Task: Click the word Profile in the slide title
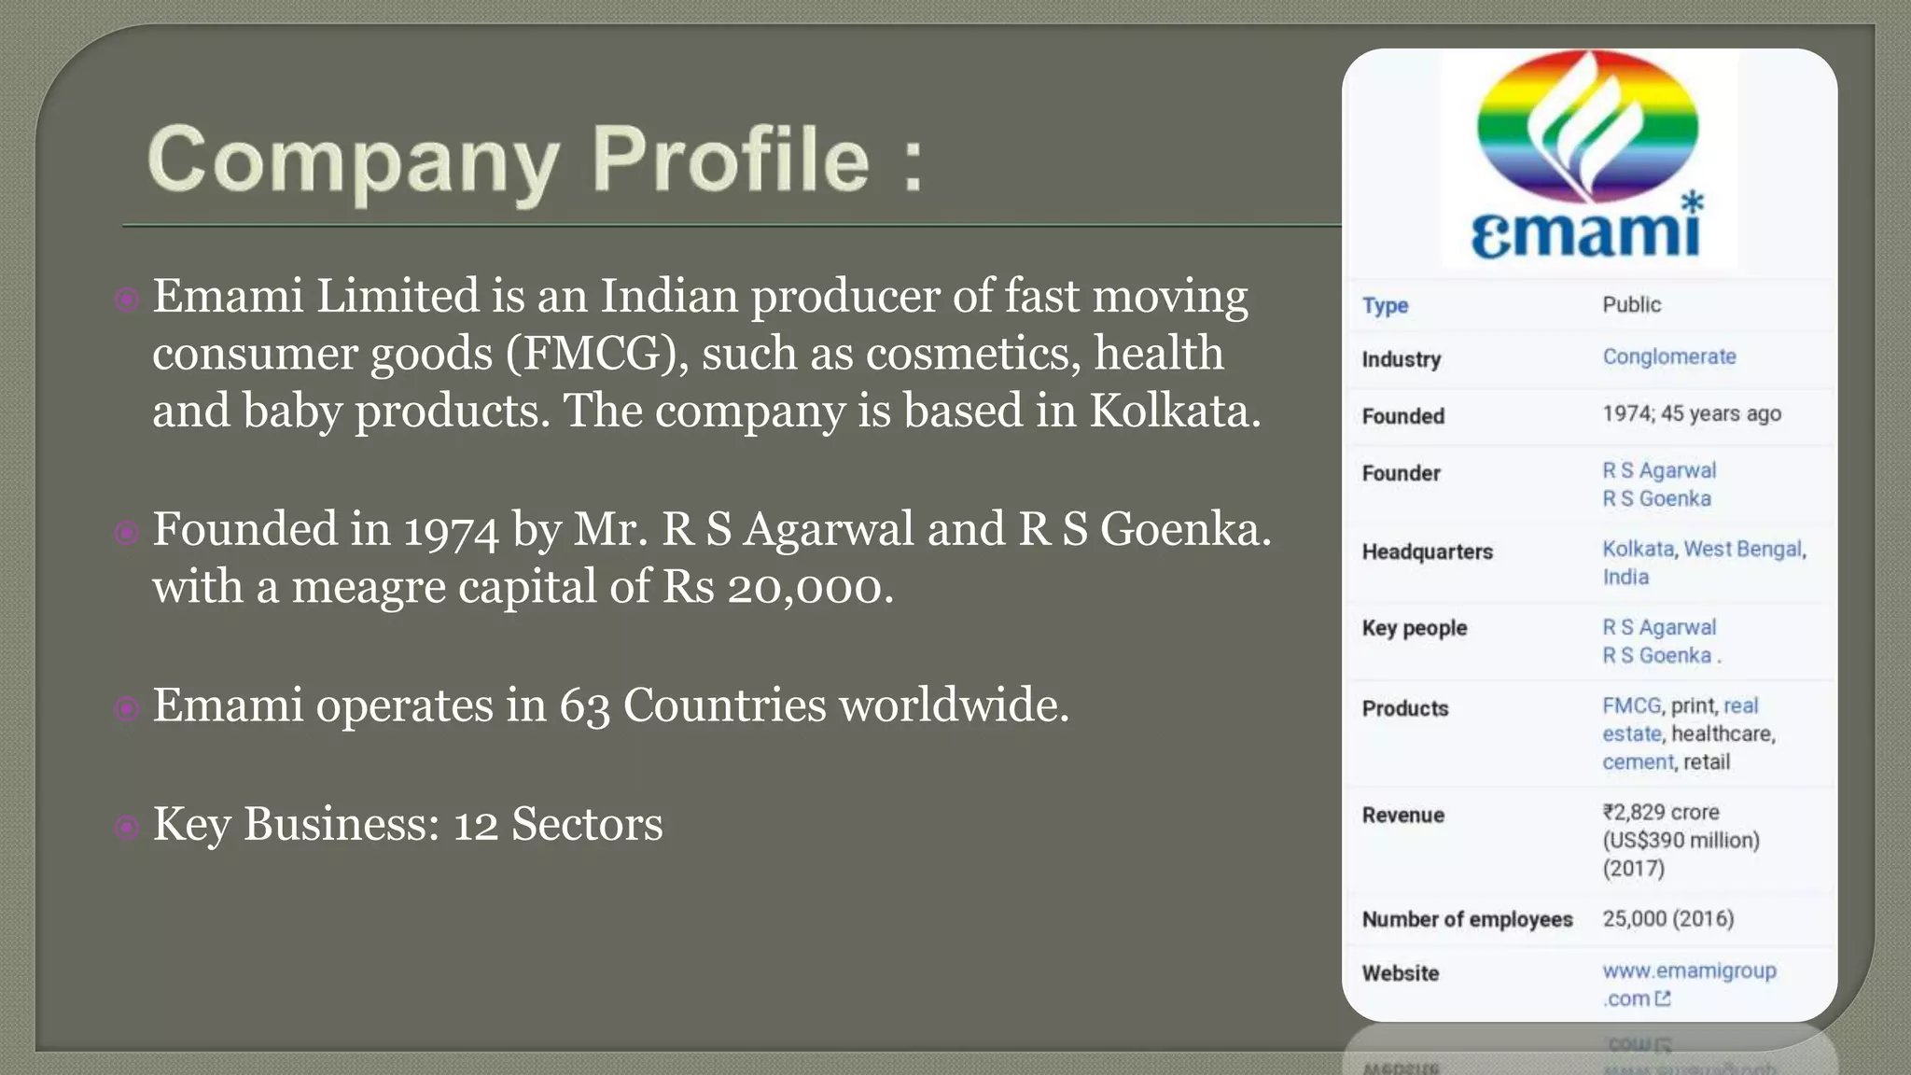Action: coord(732,159)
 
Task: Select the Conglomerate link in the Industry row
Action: coord(1669,356)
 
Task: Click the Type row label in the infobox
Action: coord(1385,305)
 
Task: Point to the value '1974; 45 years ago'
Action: coord(1691,413)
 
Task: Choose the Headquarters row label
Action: coord(1427,551)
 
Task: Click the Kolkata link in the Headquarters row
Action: coord(1638,549)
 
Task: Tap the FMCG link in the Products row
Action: coord(1632,705)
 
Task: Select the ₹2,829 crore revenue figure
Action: coord(1661,812)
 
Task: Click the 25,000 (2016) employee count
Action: coord(1667,918)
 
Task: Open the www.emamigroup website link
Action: coord(1689,970)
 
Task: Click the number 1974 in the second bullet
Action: coord(451,530)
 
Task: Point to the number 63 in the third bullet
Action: coord(584,705)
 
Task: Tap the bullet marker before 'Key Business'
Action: coord(126,827)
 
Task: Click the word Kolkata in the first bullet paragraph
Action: coord(1174,411)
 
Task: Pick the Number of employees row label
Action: coord(1467,919)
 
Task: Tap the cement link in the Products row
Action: coord(1638,761)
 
